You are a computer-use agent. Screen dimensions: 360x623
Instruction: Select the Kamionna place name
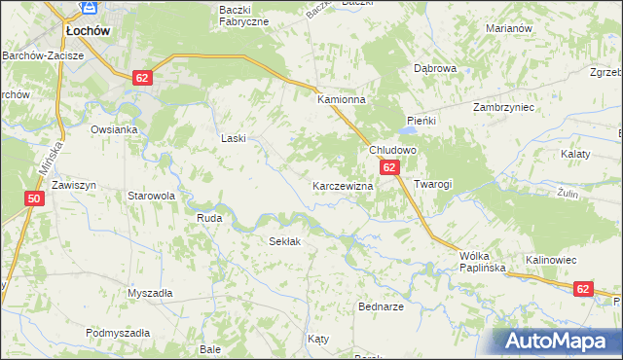point(341,100)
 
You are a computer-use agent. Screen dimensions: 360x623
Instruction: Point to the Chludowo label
point(392,151)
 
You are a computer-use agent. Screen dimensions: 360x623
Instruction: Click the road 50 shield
point(34,199)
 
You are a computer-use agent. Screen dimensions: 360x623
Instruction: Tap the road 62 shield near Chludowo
point(389,168)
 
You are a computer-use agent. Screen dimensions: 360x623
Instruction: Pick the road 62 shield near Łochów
point(142,78)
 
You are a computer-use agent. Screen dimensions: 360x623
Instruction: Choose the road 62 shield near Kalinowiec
point(583,289)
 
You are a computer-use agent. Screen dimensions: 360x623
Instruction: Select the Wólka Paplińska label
point(479,264)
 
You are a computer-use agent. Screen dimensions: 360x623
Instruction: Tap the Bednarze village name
point(381,306)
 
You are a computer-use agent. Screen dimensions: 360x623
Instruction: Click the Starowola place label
point(151,196)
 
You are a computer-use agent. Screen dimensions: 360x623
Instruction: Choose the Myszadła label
point(150,293)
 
